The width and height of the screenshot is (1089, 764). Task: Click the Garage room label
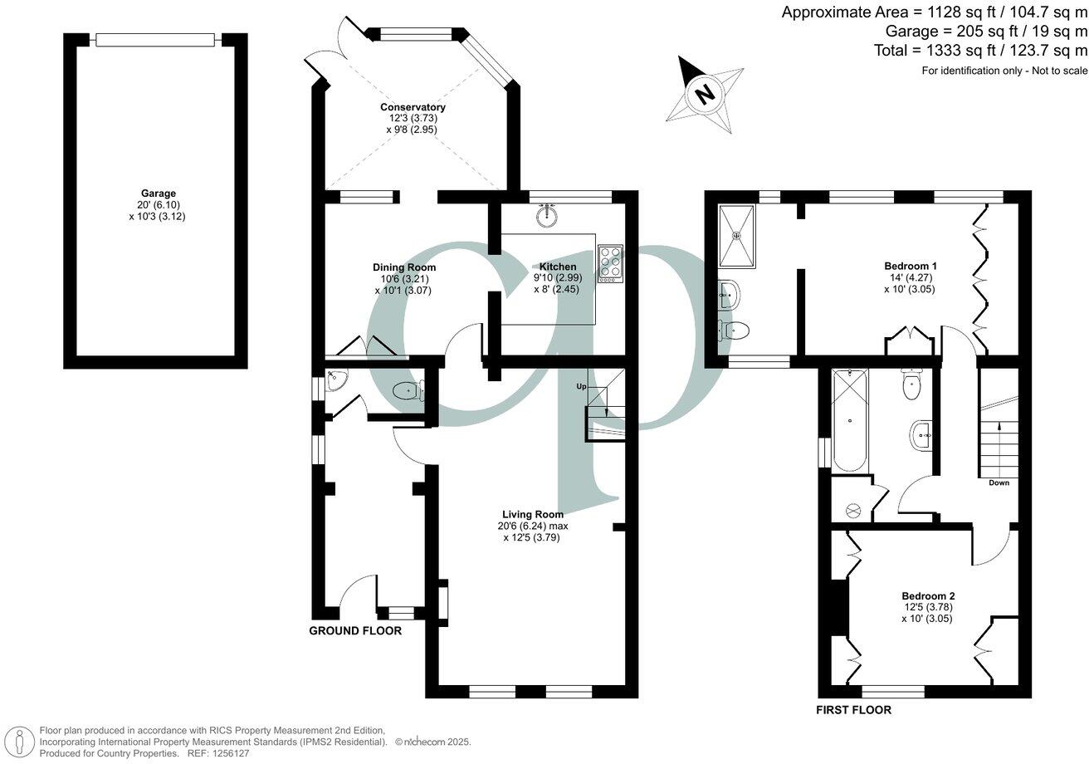[157, 193]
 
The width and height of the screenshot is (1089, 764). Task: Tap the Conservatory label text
[413, 107]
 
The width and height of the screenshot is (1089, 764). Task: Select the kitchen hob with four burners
[610, 263]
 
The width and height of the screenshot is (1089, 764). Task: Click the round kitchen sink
[546, 216]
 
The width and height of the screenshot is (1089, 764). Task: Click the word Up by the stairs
[582, 387]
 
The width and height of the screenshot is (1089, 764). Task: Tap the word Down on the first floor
[999, 482]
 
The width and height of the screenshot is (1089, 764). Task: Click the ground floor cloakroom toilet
[408, 390]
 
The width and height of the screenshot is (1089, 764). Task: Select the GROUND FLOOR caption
[355, 631]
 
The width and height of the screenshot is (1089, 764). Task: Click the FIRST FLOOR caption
[853, 710]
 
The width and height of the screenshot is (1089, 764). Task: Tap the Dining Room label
[403, 267]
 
